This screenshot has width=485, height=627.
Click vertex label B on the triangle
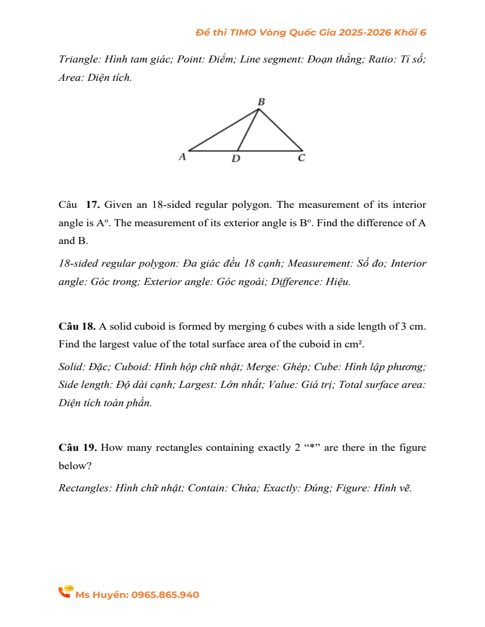click(261, 101)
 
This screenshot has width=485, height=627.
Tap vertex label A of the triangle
click(182, 157)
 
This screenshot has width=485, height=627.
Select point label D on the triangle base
click(235, 159)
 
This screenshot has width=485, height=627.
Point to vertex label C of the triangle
click(301, 158)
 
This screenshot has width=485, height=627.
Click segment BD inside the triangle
click(248, 130)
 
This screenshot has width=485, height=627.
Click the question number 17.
click(93, 205)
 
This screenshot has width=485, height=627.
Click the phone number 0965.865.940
click(165, 595)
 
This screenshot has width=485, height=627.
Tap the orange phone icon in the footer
click(65, 592)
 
